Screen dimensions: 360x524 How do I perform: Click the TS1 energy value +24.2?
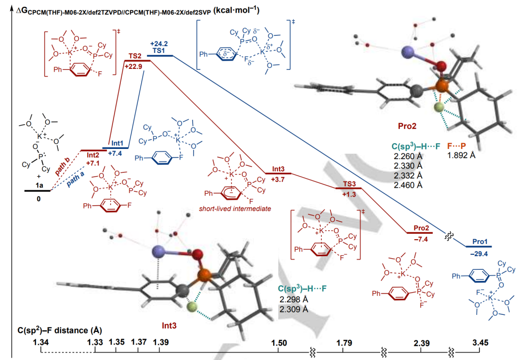pos(159,44)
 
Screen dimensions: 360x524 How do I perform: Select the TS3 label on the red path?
pos(348,184)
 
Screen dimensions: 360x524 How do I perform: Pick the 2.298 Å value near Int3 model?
pos(293,299)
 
